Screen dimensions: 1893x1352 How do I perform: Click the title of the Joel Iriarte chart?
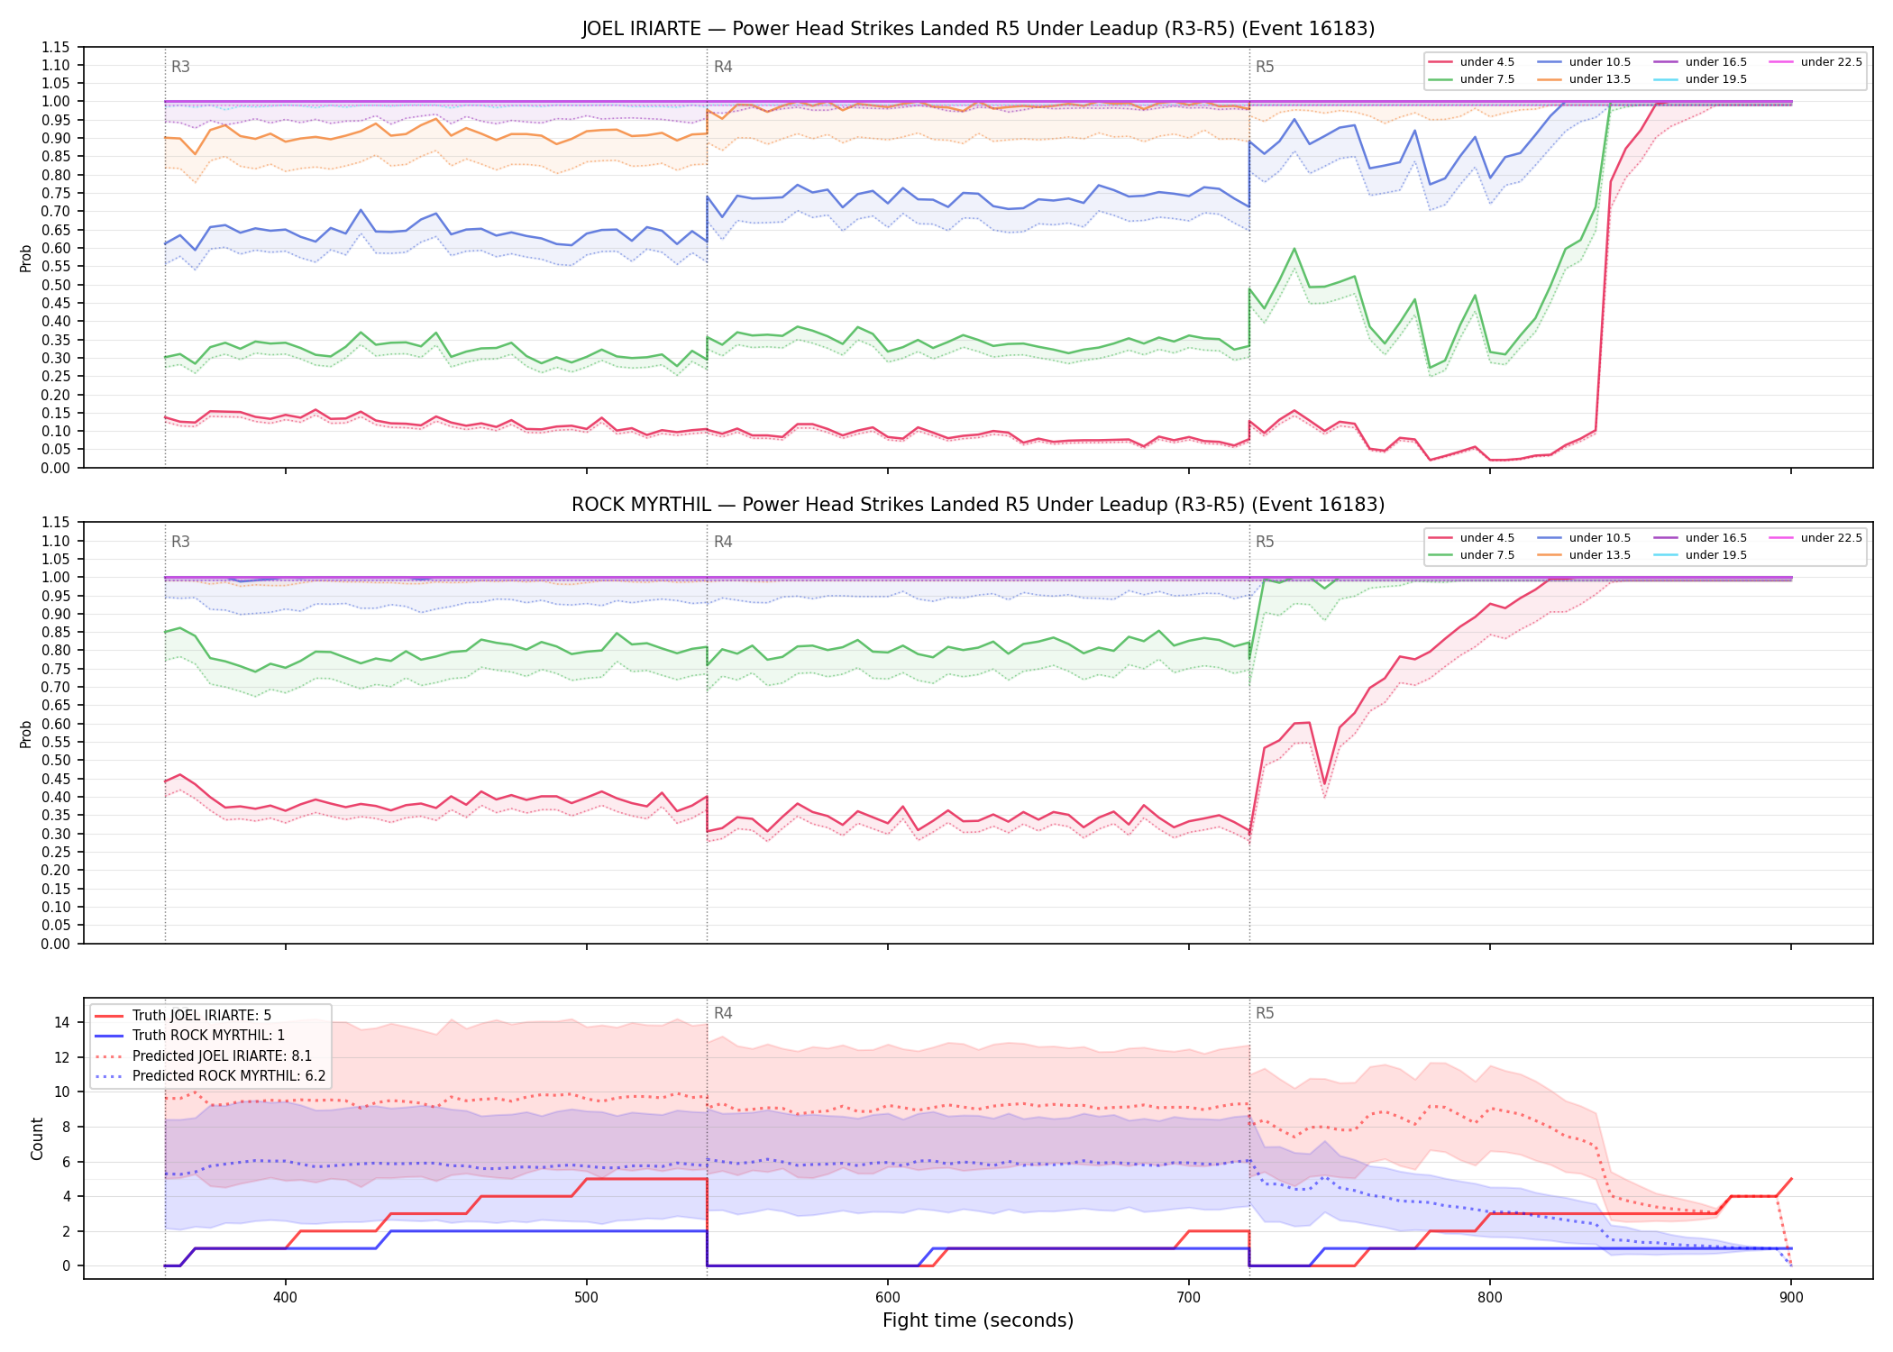click(978, 29)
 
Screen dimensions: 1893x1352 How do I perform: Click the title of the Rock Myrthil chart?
click(978, 505)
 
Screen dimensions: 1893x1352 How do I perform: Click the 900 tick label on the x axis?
click(1791, 1297)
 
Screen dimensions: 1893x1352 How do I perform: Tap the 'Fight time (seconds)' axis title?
click(978, 1320)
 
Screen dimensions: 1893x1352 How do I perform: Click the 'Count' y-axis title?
click(37, 1138)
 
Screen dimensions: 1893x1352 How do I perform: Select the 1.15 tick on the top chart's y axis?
click(57, 47)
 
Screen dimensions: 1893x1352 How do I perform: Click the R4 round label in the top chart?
click(723, 67)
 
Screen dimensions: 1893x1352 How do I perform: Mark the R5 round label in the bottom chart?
click(1265, 1013)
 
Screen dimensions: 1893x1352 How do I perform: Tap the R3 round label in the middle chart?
click(180, 542)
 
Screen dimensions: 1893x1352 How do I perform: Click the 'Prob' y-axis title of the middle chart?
click(26, 734)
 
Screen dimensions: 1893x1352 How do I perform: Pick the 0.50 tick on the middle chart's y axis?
click(57, 760)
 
